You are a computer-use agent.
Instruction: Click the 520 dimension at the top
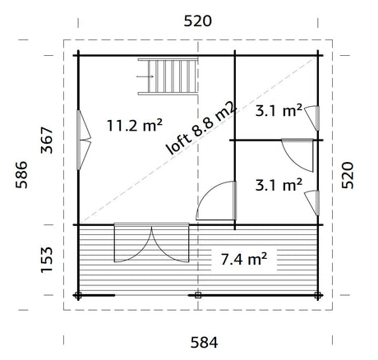click(x=197, y=21)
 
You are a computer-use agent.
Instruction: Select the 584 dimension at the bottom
click(x=204, y=343)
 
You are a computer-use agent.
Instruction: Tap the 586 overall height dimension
click(x=21, y=175)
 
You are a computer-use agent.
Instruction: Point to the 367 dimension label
click(x=47, y=140)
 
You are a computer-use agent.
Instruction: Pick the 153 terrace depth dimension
click(x=47, y=260)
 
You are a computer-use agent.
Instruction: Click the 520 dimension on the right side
click(x=348, y=175)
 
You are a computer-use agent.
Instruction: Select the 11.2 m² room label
click(x=135, y=126)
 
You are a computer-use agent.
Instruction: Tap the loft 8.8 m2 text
click(x=201, y=128)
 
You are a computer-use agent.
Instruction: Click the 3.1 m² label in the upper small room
click(x=279, y=111)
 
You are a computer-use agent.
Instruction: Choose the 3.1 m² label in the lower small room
click(x=279, y=185)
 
